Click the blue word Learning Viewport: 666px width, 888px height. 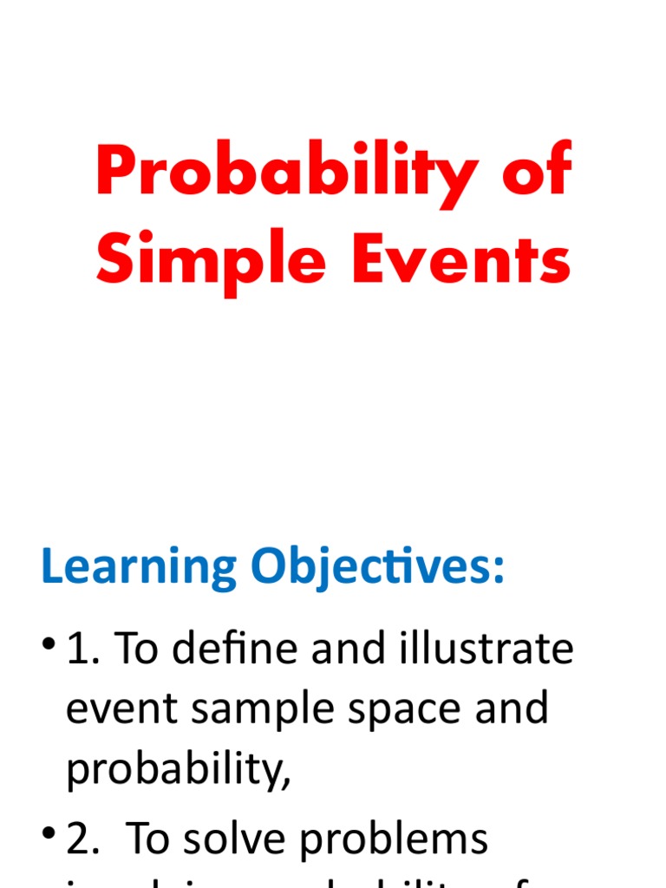140,568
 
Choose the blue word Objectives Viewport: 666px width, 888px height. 378,568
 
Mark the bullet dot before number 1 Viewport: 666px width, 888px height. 49,644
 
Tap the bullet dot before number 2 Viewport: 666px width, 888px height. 49,834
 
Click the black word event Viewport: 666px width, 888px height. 124,709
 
